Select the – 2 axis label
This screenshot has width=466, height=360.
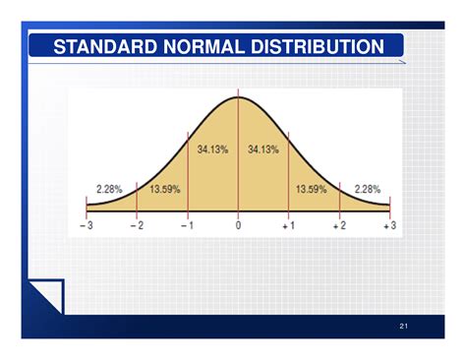(137, 226)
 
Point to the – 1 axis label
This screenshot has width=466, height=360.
(187, 226)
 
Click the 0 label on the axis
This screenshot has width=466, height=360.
(238, 226)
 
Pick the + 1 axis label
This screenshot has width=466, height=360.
(288, 226)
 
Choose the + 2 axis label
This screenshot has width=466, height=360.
(339, 226)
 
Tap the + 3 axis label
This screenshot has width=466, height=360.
(389, 226)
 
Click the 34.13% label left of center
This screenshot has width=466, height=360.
(212, 150)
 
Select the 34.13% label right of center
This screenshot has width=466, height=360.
(263, 150)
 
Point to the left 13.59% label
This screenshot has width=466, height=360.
(164, 188)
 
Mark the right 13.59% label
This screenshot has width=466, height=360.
(312, 188)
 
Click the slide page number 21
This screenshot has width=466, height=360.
(403, 326)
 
